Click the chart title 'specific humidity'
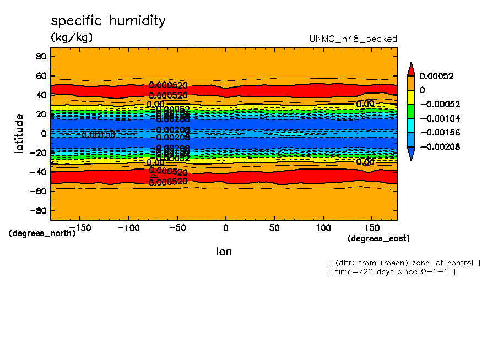click(108, 21)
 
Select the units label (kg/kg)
click(72, 37)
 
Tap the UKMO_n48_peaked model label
click(353, 39)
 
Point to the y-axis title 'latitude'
click(19, 133)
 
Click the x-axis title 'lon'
click(224, 252)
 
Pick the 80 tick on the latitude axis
click(40, 56)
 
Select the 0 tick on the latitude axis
click(43, 133)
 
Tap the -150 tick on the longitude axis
click(79, 227)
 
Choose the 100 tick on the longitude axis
click(323, 227)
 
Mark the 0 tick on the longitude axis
click(226, 227)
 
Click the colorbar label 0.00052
click(436, 76)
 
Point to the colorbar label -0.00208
click(440, 146)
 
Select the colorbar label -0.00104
click(440, 118)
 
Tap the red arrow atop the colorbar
click(410, 69)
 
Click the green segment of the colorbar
click(410, 111)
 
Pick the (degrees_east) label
click(378, 238)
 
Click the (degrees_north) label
click(42, 233)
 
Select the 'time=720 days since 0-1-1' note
click(391, 272)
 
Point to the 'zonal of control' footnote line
click(404, 263)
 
